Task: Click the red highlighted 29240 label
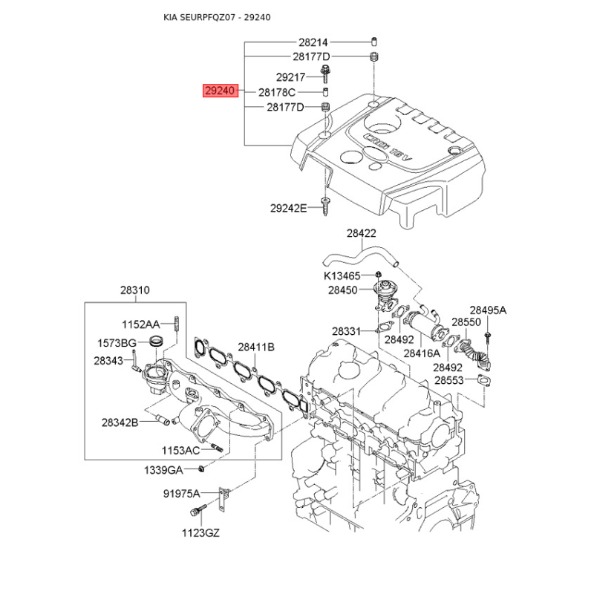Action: [221, 91]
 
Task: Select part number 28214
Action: [313, 42]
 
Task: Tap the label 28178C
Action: [276, 92]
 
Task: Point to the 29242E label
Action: [288, 208]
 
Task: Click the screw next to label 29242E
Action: [324, 206]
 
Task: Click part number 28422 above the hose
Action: [362, 233]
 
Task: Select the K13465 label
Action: [342, 275]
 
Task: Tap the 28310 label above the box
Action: [135, 290]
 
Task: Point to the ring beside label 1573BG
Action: [156, 341]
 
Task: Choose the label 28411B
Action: [256, 347]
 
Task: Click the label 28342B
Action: [120, 422]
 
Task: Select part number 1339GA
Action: [163, 470]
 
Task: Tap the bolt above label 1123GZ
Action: [198, 509]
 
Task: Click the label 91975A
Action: [181, 494]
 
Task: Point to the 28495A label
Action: [488, 310]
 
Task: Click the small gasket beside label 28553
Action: [484, 380]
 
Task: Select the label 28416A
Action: [422, 353]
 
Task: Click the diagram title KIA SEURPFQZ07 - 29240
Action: [217, 17]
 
